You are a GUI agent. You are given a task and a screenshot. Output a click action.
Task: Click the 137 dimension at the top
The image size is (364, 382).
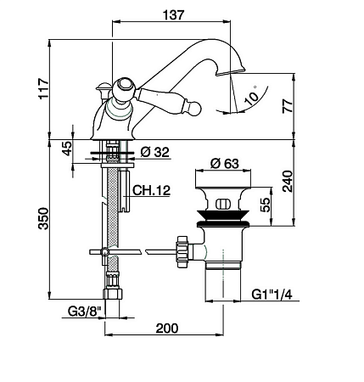[x=173, y=15]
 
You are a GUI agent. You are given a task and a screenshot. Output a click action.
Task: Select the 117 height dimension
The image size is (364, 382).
[x=44, y=88]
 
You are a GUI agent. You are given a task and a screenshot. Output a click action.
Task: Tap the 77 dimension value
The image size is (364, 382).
[x=288, y=106]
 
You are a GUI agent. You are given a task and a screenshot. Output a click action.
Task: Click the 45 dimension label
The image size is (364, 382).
[x=67, y=149]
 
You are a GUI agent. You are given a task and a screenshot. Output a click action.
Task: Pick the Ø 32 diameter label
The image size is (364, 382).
[x=154, y=152]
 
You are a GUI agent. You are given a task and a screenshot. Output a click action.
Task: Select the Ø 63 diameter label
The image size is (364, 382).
[x=225, y=163]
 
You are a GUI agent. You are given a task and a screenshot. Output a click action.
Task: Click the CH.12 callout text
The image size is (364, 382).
[x=151, y=190]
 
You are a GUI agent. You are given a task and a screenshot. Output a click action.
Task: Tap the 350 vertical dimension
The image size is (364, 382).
[x=44, y=218]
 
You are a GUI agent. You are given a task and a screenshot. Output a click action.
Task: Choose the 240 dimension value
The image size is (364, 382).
[x=288, y=182]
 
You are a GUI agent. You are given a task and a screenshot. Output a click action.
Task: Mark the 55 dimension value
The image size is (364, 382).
[x=265, y=205]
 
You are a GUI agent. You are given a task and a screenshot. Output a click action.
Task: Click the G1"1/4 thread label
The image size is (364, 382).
[x=272, y=295]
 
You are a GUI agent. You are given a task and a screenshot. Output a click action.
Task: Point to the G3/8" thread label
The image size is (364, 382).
[x=85, y=312]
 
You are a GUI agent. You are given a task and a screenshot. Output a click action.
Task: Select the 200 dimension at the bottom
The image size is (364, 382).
[x=167, y=329]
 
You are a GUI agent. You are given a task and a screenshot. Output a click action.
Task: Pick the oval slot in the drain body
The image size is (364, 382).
[x=223, y=204]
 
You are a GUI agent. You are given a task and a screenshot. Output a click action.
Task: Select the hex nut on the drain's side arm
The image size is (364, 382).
[x=182, y=251]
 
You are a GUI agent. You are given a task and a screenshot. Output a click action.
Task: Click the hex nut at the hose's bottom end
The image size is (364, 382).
[x=113, y=294]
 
